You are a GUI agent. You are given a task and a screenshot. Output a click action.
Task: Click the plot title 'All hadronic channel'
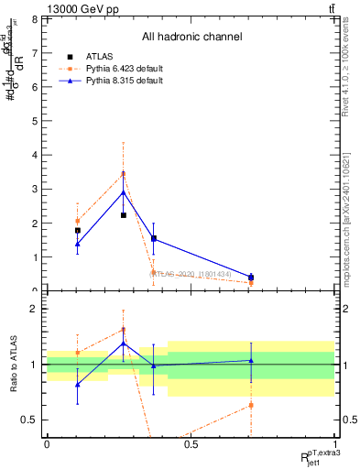pos(191,37)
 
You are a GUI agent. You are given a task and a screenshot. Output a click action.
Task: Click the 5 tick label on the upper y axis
pos(35,121)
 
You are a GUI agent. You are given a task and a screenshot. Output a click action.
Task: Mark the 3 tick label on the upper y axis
pos(35,189)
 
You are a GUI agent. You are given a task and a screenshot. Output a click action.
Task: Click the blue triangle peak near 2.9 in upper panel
pos(124,192)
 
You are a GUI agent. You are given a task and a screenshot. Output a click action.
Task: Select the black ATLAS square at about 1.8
pos(78,231)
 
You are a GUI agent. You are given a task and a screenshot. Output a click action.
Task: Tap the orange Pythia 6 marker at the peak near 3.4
pos(124,174)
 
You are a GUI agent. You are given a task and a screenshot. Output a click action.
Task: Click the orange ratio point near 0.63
pos(251,405)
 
